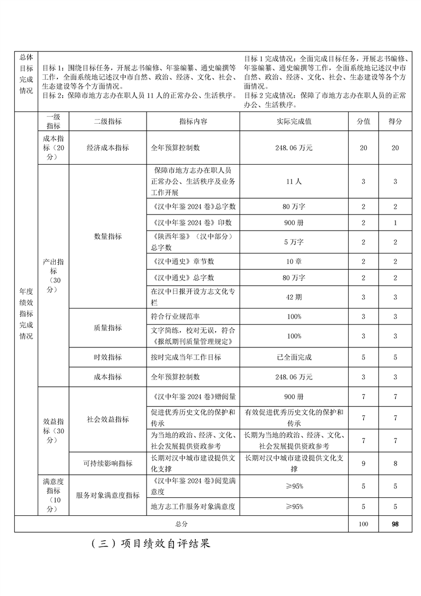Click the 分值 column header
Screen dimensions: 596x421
coord(363,122)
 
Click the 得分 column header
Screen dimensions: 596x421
coord(395,122)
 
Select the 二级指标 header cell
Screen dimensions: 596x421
coord(108,122)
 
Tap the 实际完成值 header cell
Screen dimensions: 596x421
coord(294,122)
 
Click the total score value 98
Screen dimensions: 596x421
coord(395,524)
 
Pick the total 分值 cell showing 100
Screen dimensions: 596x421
coord(363,524)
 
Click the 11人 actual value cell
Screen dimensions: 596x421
coord(294,182)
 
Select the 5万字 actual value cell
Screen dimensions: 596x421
coord(294,242)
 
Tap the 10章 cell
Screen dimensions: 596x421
coord(294,262)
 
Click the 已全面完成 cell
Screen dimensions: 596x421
coord(294,357)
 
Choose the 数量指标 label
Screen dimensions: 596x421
coord(108,236)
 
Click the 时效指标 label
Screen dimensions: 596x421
coord(108,357)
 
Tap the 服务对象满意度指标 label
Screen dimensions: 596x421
coord(108,495)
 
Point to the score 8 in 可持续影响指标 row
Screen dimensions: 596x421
coord(395,463)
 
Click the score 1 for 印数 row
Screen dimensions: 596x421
coord(395,223)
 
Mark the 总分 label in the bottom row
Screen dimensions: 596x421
coord(182,524)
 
